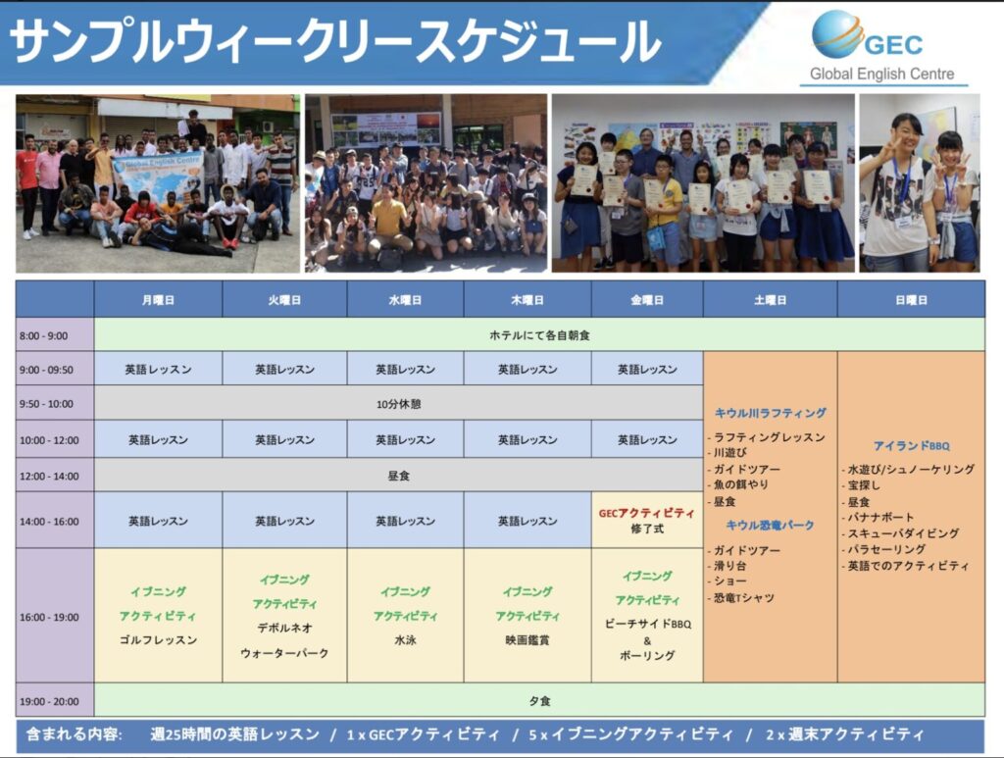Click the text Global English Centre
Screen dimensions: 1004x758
881,74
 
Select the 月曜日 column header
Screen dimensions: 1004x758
158,300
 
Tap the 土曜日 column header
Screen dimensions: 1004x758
770,300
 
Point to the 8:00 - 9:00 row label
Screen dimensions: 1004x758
43,335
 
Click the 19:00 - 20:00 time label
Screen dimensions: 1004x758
49,701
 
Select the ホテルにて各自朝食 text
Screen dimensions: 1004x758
539,334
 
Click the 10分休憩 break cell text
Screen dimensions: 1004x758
398,404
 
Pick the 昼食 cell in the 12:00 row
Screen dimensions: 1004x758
398,476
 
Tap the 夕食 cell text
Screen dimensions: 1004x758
539,701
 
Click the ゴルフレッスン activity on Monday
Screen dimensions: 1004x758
158,639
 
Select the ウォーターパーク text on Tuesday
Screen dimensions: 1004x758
284,653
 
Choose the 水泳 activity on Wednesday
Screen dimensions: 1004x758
405,639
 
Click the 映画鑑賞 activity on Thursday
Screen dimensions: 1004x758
527,639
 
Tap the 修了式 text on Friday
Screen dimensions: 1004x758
647,529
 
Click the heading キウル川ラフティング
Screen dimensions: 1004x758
770,412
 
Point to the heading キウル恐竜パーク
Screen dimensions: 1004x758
770,525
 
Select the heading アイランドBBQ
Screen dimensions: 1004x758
911,445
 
